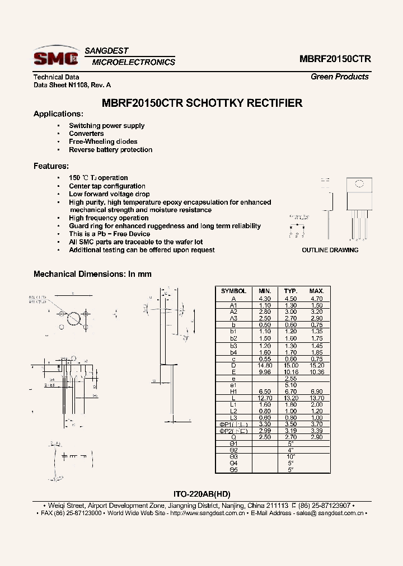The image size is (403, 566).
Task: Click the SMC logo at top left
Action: (x=55, y=57)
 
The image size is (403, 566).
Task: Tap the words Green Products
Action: (x=339, y=77)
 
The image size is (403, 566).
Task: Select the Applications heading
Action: (x=58, y=114)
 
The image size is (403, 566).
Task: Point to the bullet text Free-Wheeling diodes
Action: (x=103, y=141)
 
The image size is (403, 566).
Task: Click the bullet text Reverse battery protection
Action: (x=110, y=150)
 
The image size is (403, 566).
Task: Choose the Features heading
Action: (x=51, y=166)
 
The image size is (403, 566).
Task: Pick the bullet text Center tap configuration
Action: (x=107, y=186)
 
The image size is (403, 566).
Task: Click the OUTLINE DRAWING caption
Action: (x=330, y=250)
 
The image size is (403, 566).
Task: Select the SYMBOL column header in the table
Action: (x=233, y=291)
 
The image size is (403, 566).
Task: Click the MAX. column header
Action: (x=317, y=291)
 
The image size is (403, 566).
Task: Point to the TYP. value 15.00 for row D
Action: (x=290, y=365)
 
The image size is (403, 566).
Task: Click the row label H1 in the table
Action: (x=233, y=392)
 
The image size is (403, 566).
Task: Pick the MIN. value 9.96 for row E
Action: (x=264, y=372)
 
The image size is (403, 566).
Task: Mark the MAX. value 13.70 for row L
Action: (x=317, y=398)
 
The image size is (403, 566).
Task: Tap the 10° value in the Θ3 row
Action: (x=290, y=456)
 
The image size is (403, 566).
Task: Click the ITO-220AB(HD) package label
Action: (x=202, y=494)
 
